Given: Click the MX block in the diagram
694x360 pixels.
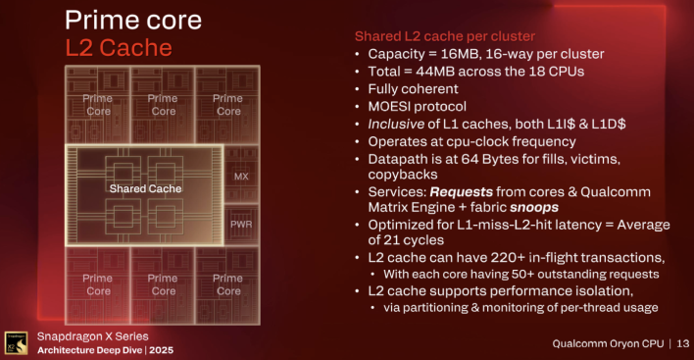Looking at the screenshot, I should coord(241,176).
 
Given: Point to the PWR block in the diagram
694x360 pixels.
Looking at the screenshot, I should coord(241,225).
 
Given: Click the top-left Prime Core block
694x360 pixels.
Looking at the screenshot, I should coord(98,105).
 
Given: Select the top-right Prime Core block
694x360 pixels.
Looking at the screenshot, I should coord(228,105).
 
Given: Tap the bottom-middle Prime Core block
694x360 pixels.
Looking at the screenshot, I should coord(163,284).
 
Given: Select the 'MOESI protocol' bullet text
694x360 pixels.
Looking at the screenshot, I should coord(418,106).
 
